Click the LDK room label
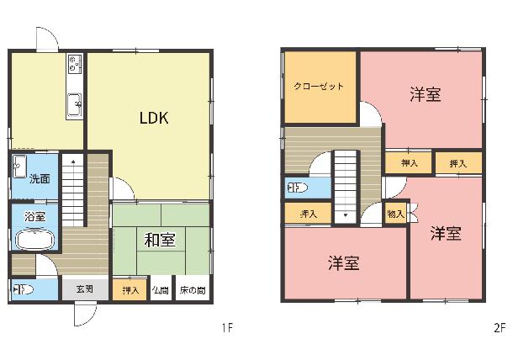tap(154, 118)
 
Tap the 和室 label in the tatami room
tap(160, 240)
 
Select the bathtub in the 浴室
tap(35, 241)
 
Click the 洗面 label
tap(40, 179)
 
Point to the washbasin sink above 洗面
tap(19, 167)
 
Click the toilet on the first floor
tap(24, 290)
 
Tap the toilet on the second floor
tap(298, 188)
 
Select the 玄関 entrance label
tap(85, 289)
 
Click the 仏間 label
tap(161, 290)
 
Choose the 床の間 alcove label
tap(193, 290)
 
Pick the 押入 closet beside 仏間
tap(130, 290)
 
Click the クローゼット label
tap(319, 87)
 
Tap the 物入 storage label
tap(395, 214)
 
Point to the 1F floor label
tap(227, 327)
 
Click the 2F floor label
tap(500, 327)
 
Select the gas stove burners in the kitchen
tap(74, 64)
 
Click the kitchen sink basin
tap(75, 104)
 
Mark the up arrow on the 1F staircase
tap(73, 161)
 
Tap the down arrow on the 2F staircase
tap(346, 215)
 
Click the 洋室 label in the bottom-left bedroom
tap(344, 262)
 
